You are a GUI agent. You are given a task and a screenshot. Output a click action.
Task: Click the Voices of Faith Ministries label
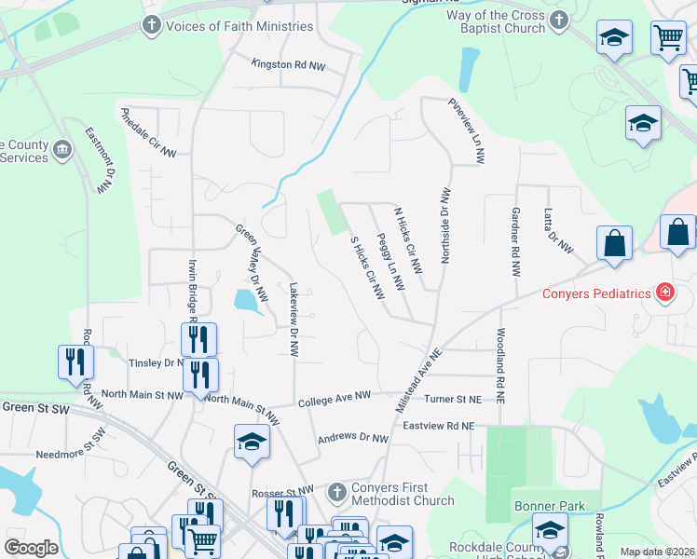[239, 25]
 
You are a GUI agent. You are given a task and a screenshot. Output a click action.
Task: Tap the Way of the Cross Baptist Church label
[483, 21]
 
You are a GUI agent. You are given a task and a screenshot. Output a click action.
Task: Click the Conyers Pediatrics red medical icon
[664, 293]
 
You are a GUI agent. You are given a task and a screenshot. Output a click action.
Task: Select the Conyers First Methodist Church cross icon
[337, 491]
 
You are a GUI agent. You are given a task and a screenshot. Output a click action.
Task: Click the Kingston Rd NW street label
[288, 63]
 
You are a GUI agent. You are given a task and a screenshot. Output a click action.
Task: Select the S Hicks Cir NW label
[367, 266]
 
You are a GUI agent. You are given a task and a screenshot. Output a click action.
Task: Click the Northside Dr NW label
[445, 225]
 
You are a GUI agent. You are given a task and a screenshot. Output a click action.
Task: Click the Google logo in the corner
[31, 547]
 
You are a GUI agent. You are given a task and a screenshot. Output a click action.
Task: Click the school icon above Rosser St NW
[252, 442]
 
